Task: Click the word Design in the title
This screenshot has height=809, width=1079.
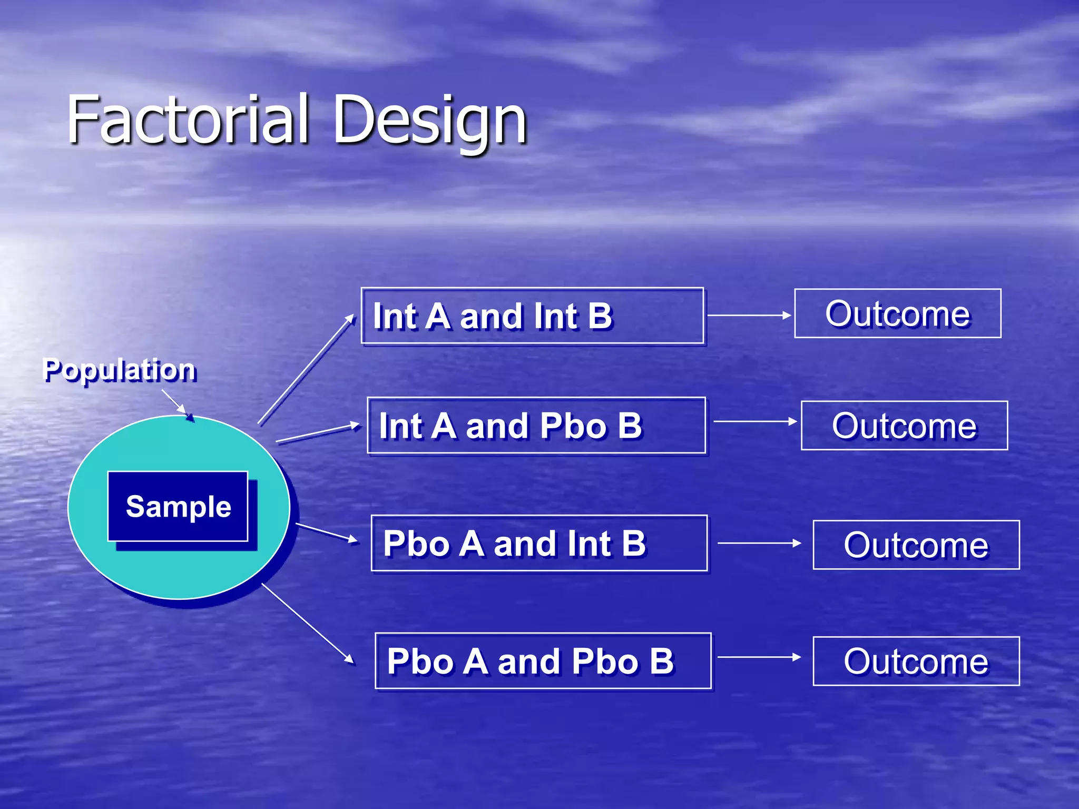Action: tap(429, 121)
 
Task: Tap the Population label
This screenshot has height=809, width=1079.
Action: tap(120, 369)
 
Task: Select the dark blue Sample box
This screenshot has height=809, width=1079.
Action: tap(178, 506)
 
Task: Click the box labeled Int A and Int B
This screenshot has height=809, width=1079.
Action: tap(532, 316)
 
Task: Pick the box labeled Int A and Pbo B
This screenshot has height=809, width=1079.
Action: tap(536, 426)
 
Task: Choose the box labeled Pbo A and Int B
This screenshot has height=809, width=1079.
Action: tap(539, 544)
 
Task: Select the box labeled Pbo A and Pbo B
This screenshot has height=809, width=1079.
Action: tap(543, 661)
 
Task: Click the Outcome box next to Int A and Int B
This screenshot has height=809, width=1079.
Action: tap(897, 314)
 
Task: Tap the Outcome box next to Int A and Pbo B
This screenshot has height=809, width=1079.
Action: tap(904, 426)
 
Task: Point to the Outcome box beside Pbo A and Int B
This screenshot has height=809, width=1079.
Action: tap(916, 545)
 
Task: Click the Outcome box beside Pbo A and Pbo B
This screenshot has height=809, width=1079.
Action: tap(916, 662)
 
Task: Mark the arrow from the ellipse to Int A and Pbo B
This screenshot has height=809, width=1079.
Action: tap(318, 433)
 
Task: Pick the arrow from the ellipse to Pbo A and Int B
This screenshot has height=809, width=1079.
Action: tap(327, 532)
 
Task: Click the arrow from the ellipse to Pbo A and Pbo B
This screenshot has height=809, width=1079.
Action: tap(308, 624)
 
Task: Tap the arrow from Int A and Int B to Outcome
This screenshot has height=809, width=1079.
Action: tap(749, 315)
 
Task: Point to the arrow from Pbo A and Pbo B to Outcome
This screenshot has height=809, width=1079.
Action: tap(759, 657)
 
